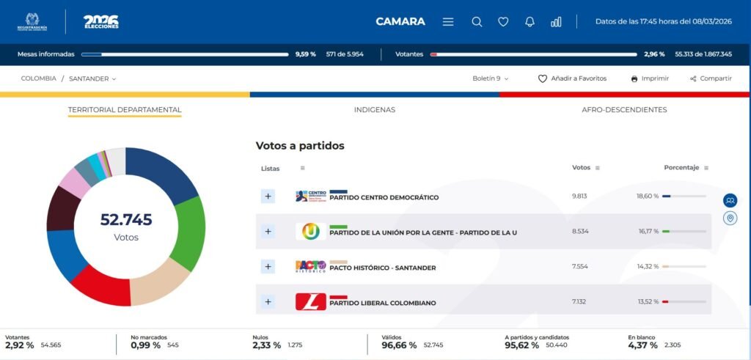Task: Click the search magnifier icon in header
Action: pos(477,22)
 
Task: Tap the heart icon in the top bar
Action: pos(503,22)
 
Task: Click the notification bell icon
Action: pos(530,22)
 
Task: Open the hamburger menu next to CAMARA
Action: pos(448,22)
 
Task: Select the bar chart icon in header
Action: pos(556,22)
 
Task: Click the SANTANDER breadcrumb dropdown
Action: pos(92,78)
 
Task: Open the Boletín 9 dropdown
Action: pos(490,78)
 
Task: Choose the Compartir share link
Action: pos(711,78)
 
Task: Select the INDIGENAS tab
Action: pos(374,110)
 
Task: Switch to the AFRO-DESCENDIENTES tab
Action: pos(624,110)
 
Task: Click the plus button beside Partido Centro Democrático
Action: pos(268,196)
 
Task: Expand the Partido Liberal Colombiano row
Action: pos(268,301)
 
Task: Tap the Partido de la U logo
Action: pos(311,232)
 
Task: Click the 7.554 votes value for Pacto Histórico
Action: pos(580,267)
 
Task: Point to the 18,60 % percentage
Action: pos(648,196)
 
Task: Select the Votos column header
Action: pos(581,168)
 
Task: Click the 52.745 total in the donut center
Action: pos(126,219)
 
